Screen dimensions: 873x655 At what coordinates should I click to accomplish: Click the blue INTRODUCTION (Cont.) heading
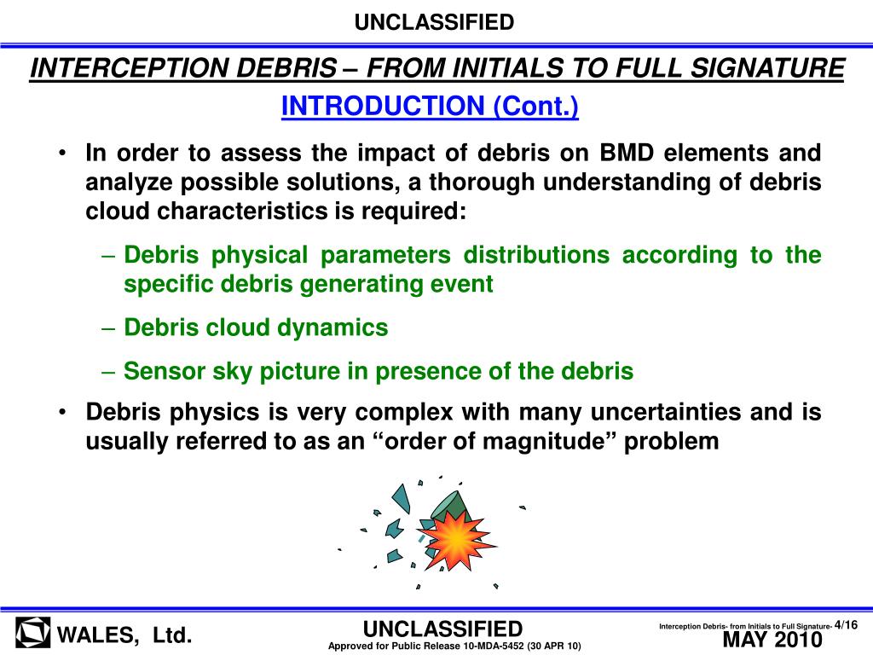click(x=430, y=107)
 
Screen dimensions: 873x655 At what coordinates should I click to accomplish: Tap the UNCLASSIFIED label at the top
click(x=435, y=22)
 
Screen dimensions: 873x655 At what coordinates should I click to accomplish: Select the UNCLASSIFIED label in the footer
click(x=442, y=629)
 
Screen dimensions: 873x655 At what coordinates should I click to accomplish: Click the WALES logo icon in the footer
click(x=32, y=634)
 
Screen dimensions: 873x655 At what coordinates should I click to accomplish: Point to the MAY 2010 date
click(x=772, y=640)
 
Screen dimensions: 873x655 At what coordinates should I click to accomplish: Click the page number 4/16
click(x=846, y=625)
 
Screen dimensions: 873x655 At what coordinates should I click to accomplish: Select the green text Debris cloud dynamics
click(x=256, y=327)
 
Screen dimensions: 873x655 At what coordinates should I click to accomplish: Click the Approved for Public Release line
click(x=454, y=646)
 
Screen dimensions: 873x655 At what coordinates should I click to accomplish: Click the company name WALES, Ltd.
click(x=124, y=635)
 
